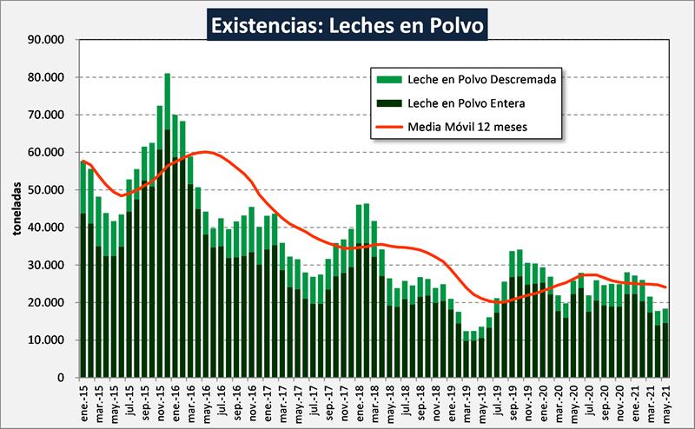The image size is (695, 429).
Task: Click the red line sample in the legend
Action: coord(387,127)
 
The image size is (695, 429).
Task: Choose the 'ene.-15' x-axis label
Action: coord(83,401)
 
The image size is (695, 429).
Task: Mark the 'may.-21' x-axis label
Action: coord(666,401)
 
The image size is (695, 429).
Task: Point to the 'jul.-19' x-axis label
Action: coord(497,401)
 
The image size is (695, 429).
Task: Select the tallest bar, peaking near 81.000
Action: coord(167,226)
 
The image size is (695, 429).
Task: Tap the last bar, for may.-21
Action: coord(666,343)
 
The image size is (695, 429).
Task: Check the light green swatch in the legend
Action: coord(387,79)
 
